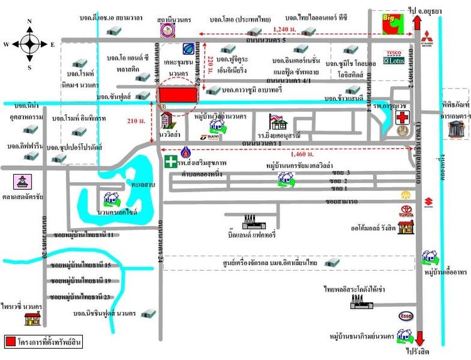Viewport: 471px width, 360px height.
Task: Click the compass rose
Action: [30, 43]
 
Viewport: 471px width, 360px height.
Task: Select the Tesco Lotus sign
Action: [394, 57]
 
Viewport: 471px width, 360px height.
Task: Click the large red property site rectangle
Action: [178, 94]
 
